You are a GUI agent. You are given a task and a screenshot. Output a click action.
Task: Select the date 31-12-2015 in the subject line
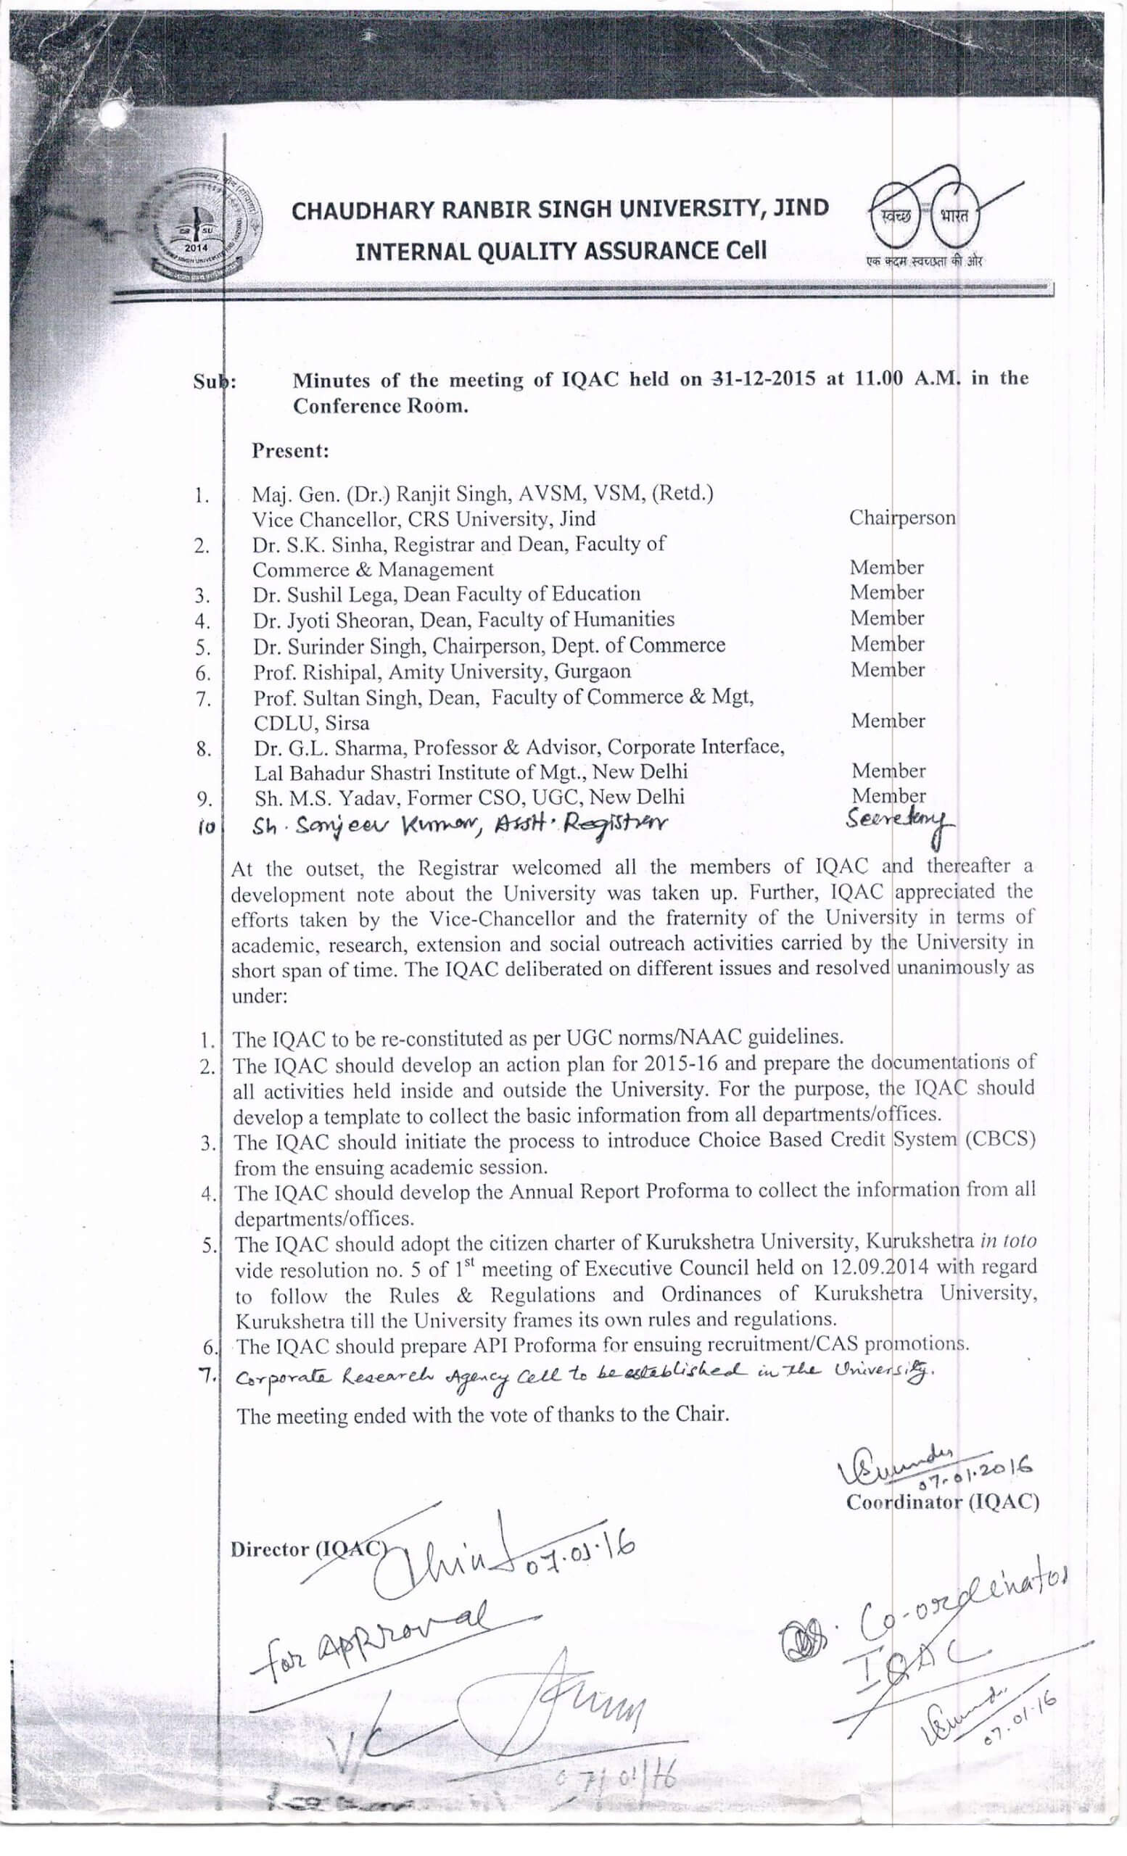[x=763, y=379]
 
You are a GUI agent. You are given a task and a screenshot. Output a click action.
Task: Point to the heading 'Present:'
[x=290, y=451]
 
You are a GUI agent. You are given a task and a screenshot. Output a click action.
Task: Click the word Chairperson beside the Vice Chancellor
[x=901, y=518]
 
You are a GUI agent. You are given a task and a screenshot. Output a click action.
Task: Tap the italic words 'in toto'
[x=1008, y=1240]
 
